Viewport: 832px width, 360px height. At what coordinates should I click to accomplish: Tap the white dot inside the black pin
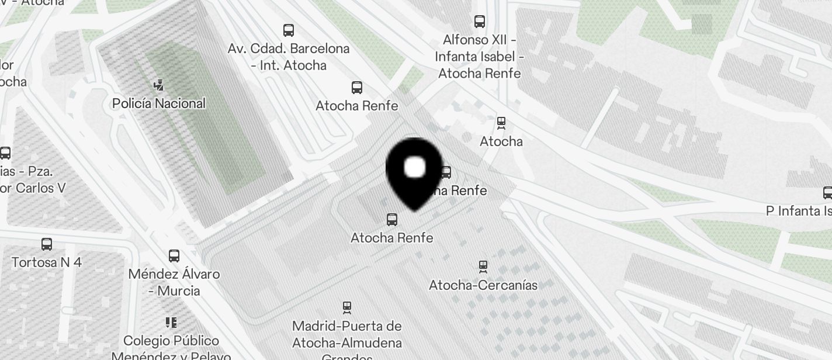point(415,167)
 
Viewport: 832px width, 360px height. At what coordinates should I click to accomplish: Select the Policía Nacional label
point(159,103)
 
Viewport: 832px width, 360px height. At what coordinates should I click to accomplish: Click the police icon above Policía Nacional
point(158,86)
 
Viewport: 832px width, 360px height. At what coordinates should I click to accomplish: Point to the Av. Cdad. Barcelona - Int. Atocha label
point(289,57)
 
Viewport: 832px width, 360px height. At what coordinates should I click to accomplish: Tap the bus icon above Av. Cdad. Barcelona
point(289,30)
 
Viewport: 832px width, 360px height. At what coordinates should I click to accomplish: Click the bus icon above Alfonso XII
point(480,22)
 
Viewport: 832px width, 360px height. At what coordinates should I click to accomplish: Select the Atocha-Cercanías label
point(483,285)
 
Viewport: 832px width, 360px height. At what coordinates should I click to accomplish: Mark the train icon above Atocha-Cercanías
point(483,266)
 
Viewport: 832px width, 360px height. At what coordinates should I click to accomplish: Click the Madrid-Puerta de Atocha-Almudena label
point(347,334)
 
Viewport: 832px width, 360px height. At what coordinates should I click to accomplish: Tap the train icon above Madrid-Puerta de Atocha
point(348,307)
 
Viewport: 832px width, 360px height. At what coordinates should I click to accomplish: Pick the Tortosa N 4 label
point(47,262)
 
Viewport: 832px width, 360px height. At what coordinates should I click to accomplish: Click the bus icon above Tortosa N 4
point(47,244)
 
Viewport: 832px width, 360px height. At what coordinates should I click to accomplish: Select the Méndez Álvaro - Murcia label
point(174,282)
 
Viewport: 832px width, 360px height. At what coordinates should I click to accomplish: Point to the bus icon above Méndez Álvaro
point(174,255)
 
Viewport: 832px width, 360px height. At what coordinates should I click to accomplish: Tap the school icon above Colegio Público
point(171,322)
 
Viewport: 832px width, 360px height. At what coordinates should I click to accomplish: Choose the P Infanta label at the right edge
point(799,210)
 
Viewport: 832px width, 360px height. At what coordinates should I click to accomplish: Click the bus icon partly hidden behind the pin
point(446,172)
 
